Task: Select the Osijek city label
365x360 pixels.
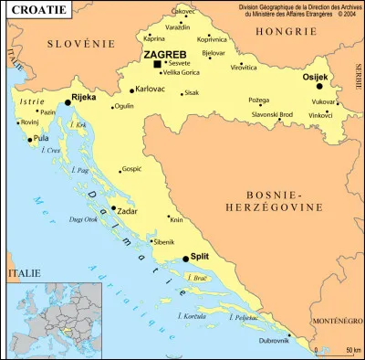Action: point(315,77)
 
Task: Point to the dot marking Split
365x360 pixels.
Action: point(185,259)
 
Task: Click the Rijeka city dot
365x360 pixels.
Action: point(66,103)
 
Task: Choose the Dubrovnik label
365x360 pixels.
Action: point(274,341)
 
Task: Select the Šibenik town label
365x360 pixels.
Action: point(164,242)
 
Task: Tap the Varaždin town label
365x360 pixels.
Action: point(178,27)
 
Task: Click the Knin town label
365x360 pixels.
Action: point(177,220)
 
